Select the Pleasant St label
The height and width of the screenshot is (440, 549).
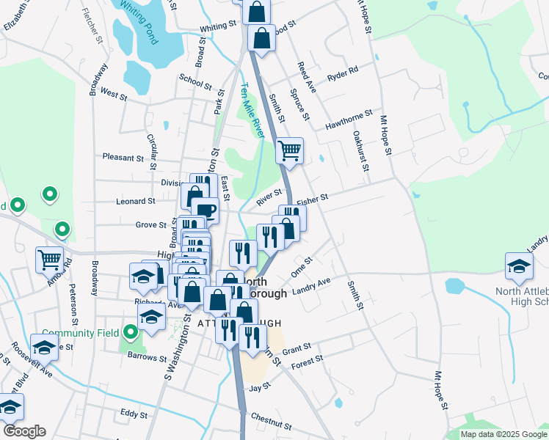coord(123,158)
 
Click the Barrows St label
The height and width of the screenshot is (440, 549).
coord(145,358)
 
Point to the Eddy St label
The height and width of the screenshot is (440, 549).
coord(134,414)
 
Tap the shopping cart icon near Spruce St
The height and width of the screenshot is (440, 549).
coord(289,150)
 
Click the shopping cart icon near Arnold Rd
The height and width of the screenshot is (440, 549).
coord(49,258)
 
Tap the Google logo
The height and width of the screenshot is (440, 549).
coord(23,431)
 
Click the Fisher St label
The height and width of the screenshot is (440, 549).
coord(311,198)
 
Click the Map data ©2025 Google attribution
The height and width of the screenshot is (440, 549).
coord(503,434)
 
